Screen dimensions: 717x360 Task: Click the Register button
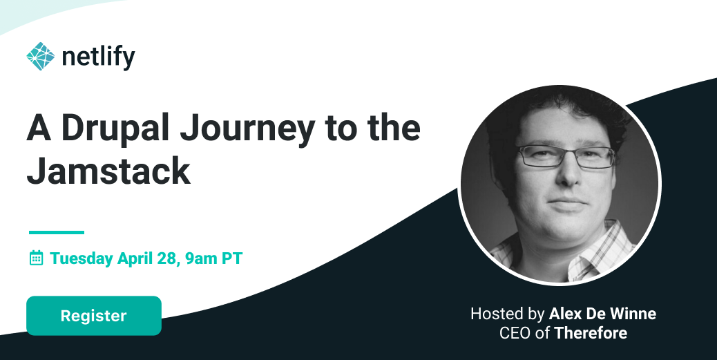click(94, 316)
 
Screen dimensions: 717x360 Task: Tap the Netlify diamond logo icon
click(40, 56)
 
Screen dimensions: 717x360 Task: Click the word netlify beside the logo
click(98, 57)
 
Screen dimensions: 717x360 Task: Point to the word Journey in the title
click(247, 129)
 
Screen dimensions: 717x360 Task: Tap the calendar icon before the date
click(36, 258)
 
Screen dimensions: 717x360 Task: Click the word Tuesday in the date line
click(82, 259)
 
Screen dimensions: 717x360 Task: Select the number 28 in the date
click(167, 258)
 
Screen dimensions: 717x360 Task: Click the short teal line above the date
click(57, 232)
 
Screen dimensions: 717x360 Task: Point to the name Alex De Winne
click(602, 314)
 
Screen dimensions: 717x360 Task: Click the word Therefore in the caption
click(591, 333)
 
